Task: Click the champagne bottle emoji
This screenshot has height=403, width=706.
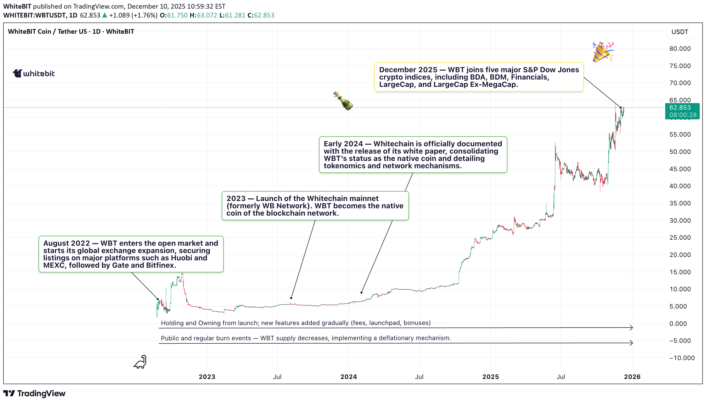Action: [343, 100]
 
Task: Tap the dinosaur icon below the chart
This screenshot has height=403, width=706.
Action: [140, 362]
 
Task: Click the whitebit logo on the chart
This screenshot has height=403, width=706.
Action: [33, 73]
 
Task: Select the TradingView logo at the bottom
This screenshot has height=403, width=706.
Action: [34, 393]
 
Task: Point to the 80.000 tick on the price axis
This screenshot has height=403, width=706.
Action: [680, 49]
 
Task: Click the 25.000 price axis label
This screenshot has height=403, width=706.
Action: [680, 238]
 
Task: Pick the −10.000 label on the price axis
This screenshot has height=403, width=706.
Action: [682, 358]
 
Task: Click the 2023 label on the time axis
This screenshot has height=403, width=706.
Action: [207, 377]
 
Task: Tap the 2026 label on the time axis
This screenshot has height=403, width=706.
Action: [632, 377]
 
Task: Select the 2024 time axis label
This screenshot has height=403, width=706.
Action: [349, 377]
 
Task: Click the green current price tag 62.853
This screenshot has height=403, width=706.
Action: [682, 111]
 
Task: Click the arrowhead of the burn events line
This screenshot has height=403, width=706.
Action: [631, 343]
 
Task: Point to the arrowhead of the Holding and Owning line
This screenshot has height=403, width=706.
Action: [631, 328]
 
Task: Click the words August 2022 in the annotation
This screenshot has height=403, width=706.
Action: [66, 243]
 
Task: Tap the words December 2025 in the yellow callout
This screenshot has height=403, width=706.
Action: [408, 70]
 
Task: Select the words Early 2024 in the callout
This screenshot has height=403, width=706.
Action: [343, 144]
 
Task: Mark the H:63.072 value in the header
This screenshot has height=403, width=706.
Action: [203, 15]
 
